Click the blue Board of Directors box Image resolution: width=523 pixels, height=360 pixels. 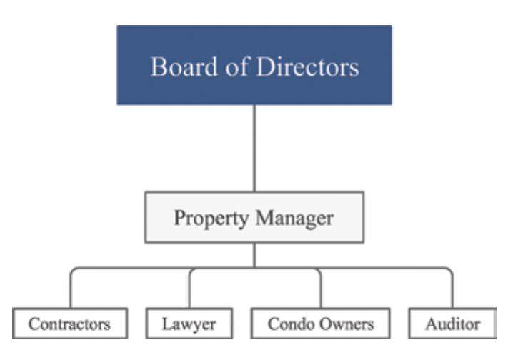click(254, 65)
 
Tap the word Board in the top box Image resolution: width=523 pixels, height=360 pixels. click(184, 66)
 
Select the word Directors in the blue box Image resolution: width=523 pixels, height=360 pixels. click(307, 66)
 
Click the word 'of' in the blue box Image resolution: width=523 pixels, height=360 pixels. click(237, 66)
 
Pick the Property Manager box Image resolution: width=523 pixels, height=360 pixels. click(254, 217)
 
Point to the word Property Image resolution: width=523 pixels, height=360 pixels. click(211, 219)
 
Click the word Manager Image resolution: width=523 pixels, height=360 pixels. click(294, 219)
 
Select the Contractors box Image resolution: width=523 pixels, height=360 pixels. click(70, 324)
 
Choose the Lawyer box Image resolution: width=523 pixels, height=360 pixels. click(189, 324)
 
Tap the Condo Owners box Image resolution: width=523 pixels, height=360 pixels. click(321, 324)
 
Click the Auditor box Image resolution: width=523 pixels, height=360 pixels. click(452, 324)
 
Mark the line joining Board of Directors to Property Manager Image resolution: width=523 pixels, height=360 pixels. click(254, 149)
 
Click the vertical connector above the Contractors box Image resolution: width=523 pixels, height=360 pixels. click(71, 289)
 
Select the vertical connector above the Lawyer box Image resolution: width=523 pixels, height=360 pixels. click(189, 289)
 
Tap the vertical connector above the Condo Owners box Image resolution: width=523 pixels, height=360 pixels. click(321, 289)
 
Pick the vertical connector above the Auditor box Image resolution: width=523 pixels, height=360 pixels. click(452, 289)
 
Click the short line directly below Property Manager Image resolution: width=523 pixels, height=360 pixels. click(254, 255)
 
